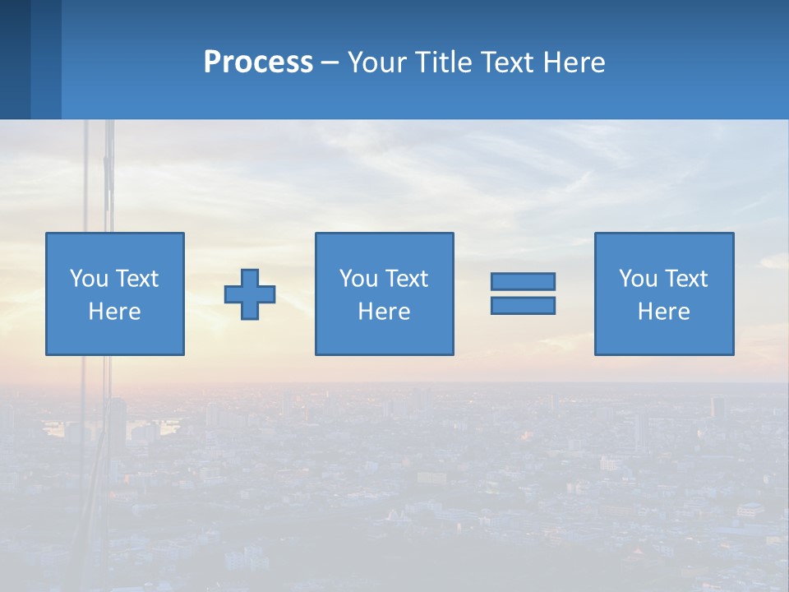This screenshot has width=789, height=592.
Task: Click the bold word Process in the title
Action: point(258,62)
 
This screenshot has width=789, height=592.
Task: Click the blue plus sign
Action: point(250,294)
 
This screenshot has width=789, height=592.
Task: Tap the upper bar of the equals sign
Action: point(523,282)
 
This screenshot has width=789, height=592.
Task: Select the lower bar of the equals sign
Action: point(523,306)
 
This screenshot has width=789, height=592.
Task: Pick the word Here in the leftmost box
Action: point(114,312)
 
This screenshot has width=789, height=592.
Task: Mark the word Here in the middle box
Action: point(384,312)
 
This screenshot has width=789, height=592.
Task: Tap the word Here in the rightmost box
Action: point(663,312)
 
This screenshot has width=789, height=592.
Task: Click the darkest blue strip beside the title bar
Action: point(15,59)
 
